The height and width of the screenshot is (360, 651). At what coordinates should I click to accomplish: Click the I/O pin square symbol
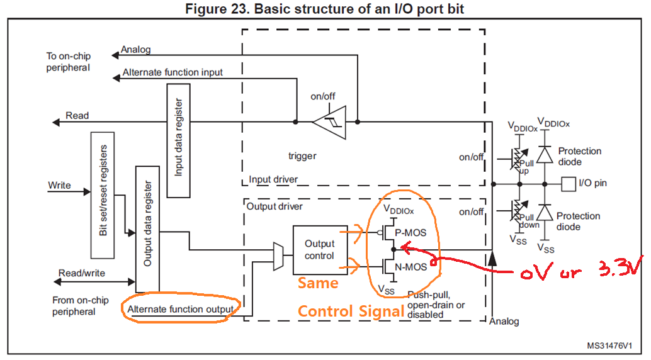click(x=569, y=184)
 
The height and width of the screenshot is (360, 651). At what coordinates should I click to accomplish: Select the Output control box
click(x=320, y=250)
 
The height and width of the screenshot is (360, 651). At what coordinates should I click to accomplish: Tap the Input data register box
click(x=179, y=140)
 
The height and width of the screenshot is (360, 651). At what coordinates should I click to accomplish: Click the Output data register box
click(x=147, y=229)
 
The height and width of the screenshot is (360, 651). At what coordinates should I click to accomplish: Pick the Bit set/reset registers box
click(x=103, y=195)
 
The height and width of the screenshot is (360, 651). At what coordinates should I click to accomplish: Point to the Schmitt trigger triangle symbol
click(x=329, y=122)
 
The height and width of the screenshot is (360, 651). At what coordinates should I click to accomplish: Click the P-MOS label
click(x=410, y=232)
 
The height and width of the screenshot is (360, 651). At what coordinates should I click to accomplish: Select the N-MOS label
click(x=410, y=267)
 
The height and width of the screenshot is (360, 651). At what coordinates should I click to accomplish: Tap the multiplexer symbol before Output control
click(x=278, y=256)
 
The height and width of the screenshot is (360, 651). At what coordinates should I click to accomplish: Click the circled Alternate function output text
click(x=181, y=310)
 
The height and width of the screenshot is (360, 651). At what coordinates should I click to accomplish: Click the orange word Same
click(x=318, y=283)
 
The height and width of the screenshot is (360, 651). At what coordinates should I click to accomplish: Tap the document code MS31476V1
click(x=609, y=346)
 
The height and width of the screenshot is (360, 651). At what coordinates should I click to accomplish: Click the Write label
click(x=59, y=185)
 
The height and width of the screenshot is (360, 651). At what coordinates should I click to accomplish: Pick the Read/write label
click(x=82, y=273)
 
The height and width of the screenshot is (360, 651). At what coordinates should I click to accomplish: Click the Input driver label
click(x=273, y=179)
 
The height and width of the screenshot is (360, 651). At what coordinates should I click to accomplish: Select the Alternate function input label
click(x=173, y=72)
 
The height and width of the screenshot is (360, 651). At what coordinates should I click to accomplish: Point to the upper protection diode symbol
click(x=545, y=154)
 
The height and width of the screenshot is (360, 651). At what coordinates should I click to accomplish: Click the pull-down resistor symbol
click(x=518, y=210)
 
